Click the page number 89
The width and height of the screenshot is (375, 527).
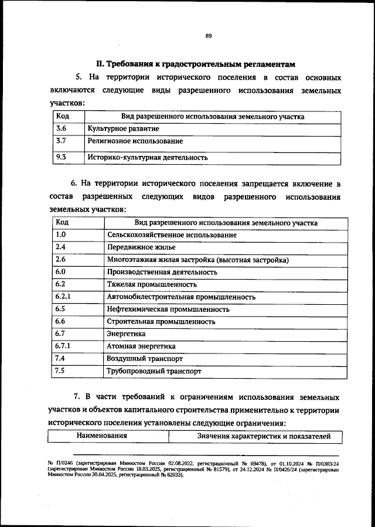coord(208,36)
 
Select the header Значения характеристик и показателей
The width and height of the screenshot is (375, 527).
coord(256,436)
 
